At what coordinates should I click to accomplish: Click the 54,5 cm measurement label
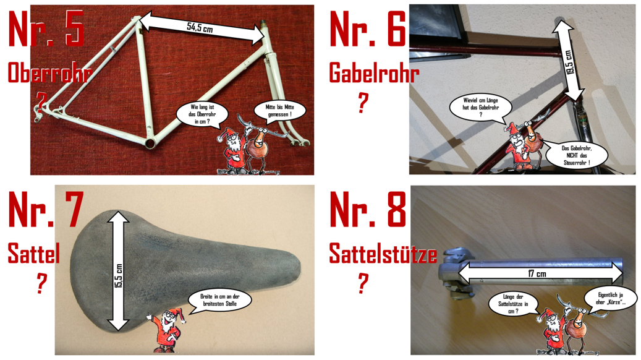pyautogui.click(x=200, y=27)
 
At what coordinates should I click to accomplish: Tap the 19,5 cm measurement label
pyautogui.click(x=569, y=62)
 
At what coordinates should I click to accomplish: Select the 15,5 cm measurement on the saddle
pyautogui.click(x=119, y=276)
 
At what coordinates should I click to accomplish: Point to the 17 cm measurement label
pyautogui.click(x=537, y=273)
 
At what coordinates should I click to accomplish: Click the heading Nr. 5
pyautogui.click(x=46, y=29)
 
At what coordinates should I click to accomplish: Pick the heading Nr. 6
pyautogui.click(x=368, y=29)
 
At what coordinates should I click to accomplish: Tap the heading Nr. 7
pyautogui.click(x=46, y=209)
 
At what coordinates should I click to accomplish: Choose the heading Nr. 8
pyautogui.click(x=368, y=209)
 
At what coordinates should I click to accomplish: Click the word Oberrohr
pyautogui.click(x=49, y=73)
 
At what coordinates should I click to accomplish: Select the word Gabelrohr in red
pyautogui.click(x=374, y=73)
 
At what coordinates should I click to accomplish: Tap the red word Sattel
pyautogui.click(x=34, y=253)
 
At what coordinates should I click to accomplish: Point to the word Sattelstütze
pyautogui.click(x=383, y=253)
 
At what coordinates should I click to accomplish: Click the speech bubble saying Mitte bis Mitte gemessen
pyautogui.click(x=279, y=111)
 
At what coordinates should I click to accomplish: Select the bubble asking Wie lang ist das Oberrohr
pyautogui.click(x=202, y=114)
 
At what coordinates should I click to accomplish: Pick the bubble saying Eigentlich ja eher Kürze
pyautogui.click(x=610, y=298)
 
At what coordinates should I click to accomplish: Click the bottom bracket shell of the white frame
pyautogui.click(x=150, y=143)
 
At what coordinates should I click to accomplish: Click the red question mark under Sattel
pyautogui.click(x=41, y=283)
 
